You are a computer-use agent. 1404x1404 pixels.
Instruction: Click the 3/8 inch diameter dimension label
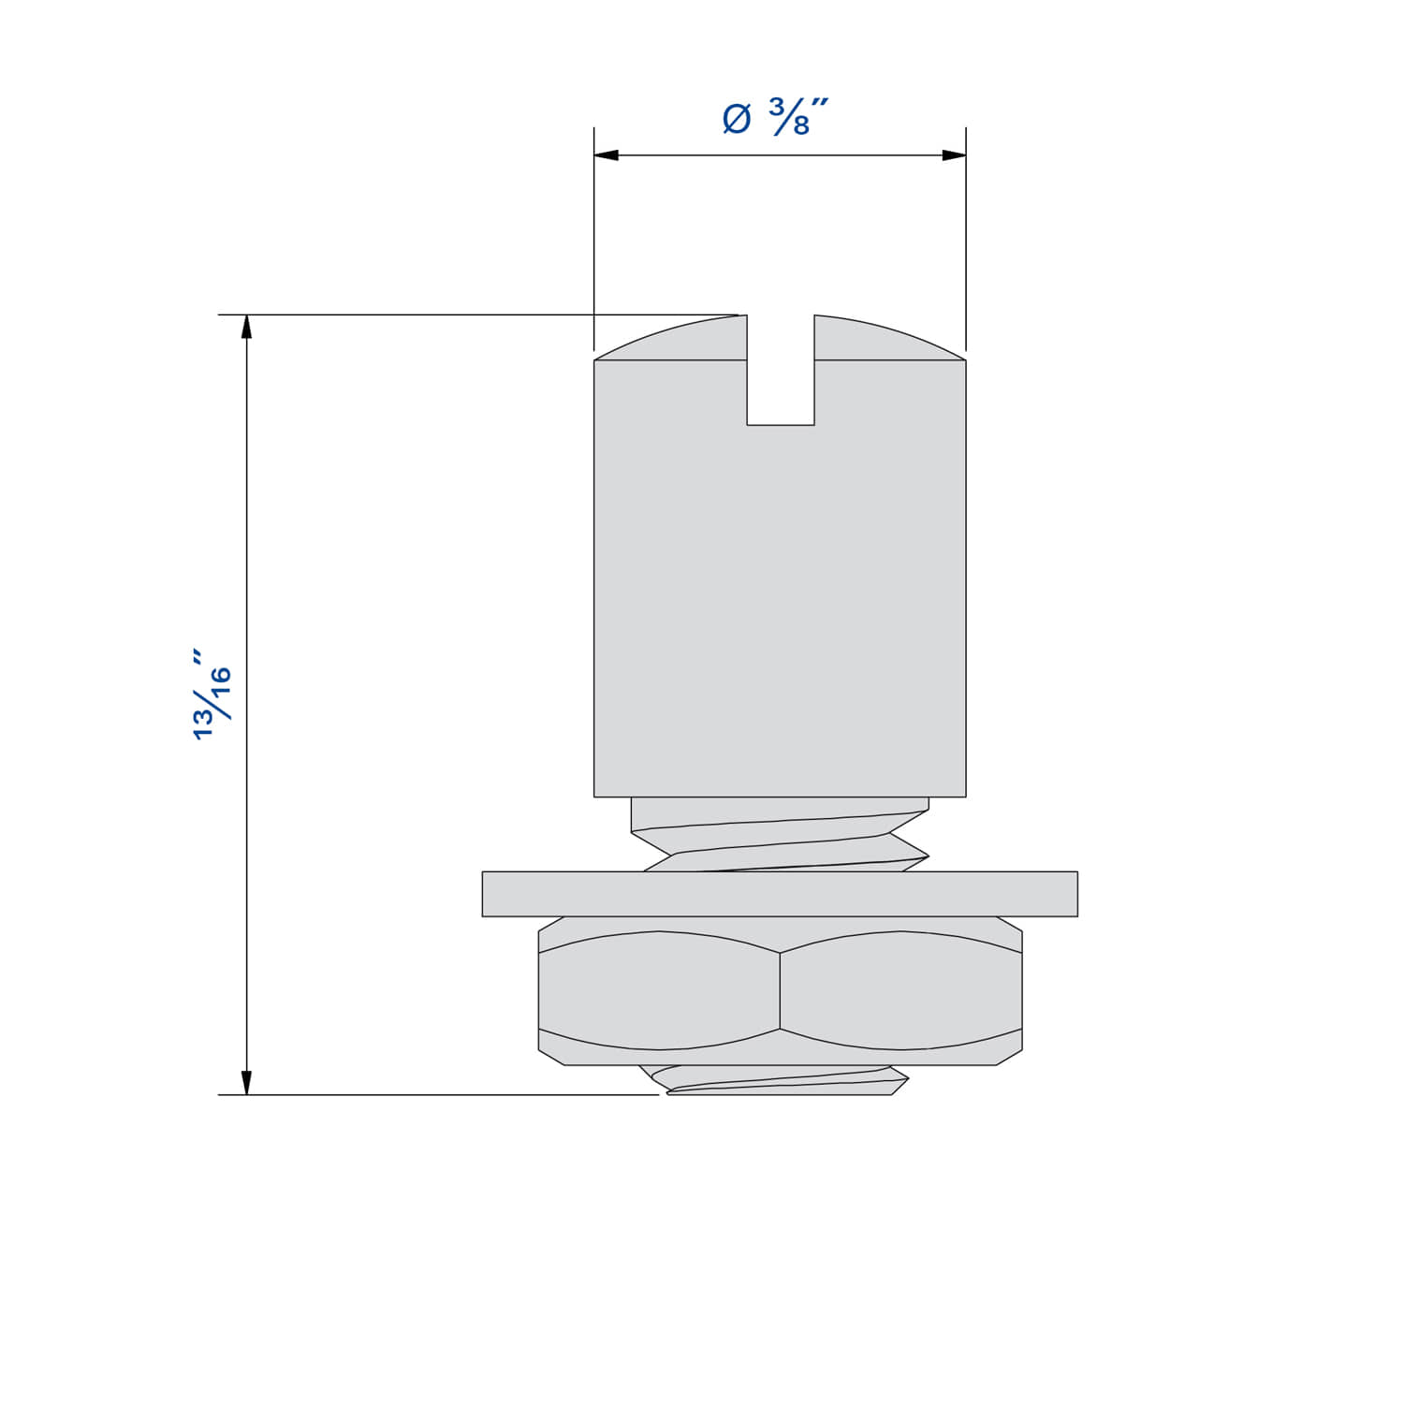click(777, 118)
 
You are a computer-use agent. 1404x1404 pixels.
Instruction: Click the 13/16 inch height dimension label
click(212, 694)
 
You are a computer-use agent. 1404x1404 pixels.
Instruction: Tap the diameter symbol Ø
click(738, 120)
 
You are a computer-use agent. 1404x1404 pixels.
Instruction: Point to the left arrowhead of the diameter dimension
click(607, 155)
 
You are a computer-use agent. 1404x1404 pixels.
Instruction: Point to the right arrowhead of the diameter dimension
click(953, 155)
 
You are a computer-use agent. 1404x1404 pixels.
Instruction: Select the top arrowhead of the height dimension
click(247, 327)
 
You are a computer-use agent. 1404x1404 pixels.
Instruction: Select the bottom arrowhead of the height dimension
click(247, 1082)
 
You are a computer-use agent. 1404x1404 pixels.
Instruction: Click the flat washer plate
click(780, 894)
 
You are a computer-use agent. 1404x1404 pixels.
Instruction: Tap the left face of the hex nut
click(659, 990)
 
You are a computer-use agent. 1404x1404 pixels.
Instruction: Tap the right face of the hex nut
click(900, 990)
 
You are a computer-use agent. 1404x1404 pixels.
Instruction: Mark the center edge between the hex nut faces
click(780, 992)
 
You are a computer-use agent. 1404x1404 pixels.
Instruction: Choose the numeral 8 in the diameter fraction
click(800, 125)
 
